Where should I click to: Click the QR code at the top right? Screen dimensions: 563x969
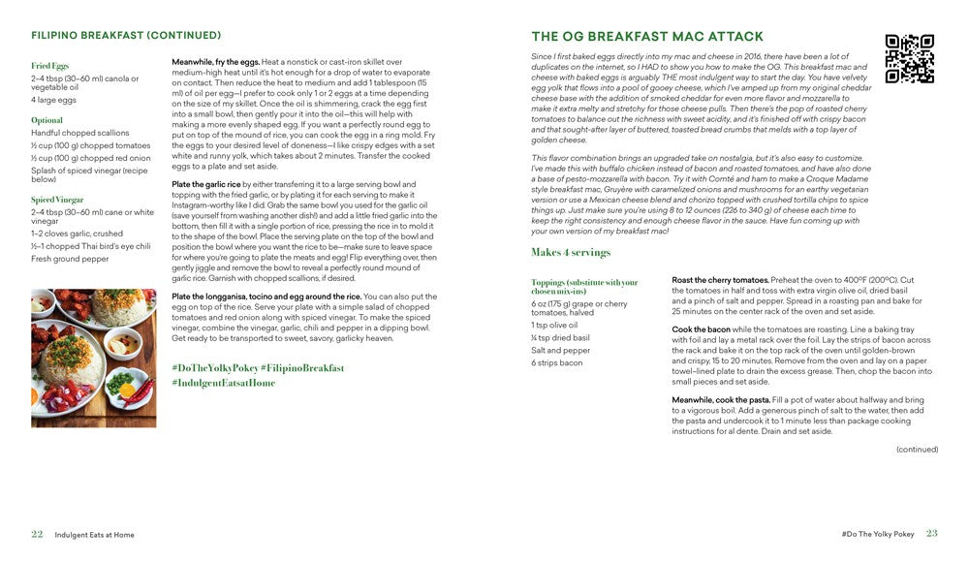(x=910, y=59)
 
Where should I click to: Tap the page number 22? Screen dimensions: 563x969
(x=37, y=534)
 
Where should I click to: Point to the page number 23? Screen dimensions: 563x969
(x=931, y=534)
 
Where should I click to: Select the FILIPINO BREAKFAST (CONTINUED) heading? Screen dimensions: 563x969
(x=126, y=36)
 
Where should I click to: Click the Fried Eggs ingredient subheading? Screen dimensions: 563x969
(x=50, y=66)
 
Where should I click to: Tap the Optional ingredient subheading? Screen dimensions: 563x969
(x=47, y=120)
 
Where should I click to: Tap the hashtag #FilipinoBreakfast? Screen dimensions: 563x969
(x=299, y=368)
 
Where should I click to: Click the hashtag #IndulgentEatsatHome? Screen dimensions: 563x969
(x=223, y=383)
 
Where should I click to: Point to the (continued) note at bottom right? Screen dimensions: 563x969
(x=917, y=450)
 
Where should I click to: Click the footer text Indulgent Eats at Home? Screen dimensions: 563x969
(x=94, y=535)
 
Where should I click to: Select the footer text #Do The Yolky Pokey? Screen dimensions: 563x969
(x=878, y=535)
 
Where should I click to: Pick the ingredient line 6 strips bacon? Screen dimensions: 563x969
(x=557, y=363)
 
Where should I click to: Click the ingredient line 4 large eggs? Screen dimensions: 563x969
(x=54, y=100)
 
